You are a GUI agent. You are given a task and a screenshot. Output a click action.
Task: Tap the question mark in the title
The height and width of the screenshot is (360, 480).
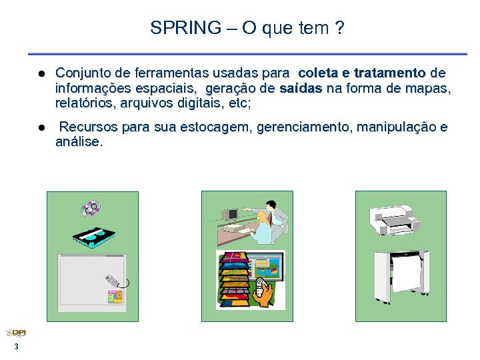(x=340, y=28)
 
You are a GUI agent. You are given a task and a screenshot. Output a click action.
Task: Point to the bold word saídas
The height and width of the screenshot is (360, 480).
(x=301, y=88)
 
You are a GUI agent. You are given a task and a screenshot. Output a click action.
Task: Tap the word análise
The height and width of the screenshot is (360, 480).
(x=79, y=142)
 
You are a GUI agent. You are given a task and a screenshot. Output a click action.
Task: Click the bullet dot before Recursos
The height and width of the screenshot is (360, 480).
(x=41, y=127)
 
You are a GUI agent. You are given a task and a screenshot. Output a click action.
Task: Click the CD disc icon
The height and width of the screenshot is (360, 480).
(x=91, y=209)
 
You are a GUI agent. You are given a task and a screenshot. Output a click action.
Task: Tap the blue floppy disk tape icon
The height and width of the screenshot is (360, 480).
(x=94, y=235)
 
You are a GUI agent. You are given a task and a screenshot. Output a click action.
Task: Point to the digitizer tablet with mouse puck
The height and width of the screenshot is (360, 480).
(x=92, y=281)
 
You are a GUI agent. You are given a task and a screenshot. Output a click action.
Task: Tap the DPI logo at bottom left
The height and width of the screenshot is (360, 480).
(x=16, y=333)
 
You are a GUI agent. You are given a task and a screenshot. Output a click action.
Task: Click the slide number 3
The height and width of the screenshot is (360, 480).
(x=16, y=347)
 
